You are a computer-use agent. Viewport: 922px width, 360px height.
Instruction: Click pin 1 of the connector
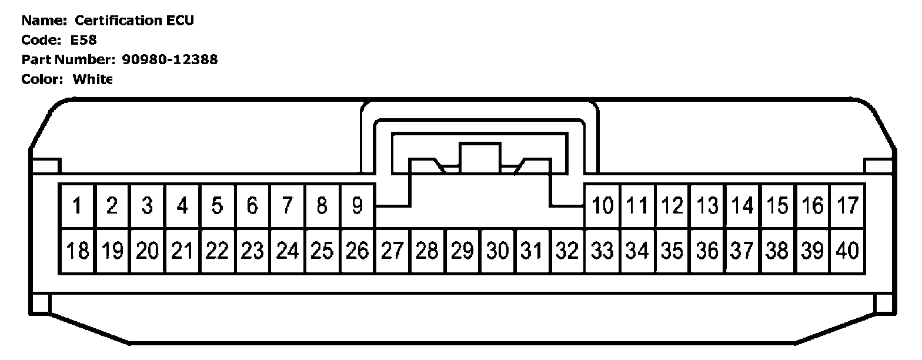click(77, 206)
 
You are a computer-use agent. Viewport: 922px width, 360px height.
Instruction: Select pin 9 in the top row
click(357, 206)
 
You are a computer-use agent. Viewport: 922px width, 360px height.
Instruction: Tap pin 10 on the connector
click(603, 206)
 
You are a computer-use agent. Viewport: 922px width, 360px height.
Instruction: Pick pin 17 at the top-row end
click(847, 206)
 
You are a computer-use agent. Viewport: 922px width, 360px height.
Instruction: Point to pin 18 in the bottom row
click(77, 251)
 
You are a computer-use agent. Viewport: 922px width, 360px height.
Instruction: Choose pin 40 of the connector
click(847, 251)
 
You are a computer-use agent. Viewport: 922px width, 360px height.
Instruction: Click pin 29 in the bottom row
click(462, 251)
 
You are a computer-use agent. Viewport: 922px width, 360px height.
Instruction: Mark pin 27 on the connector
click(392, 251)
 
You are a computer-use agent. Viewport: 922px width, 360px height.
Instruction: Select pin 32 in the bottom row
click(567, 251)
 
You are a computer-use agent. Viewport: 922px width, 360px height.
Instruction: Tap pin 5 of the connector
click(217, 206)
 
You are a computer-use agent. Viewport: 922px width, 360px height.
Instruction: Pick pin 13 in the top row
click(708, 206)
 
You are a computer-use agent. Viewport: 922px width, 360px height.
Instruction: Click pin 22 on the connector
click(217, 251)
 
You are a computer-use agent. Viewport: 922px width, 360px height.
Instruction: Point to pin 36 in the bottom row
click(708, 251)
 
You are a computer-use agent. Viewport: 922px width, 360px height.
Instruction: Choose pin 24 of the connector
click(287, 251)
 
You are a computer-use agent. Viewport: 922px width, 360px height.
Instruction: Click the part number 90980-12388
click(169, 59)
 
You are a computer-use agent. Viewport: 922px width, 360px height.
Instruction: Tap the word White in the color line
click(92, 79)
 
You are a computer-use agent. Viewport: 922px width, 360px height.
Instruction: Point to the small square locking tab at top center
click(480, 158)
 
